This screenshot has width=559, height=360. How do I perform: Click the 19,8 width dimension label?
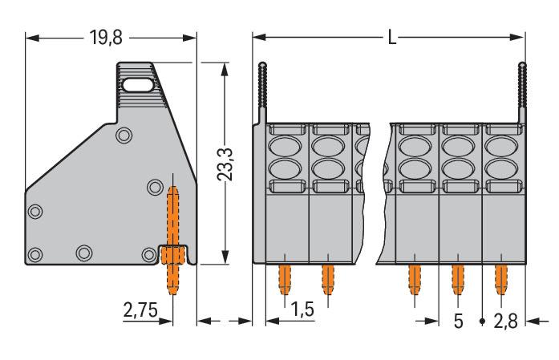point(106,38)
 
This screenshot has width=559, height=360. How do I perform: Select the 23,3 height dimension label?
point(225,164)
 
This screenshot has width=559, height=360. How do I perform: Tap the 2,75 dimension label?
point(140,309)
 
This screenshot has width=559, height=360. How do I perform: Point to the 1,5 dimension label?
point(302,309)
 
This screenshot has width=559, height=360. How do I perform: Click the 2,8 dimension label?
point(505,322)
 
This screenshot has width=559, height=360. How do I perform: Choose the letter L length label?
point(392,37)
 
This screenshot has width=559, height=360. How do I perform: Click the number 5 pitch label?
point(459,322)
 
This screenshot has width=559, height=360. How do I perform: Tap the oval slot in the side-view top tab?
point(137,86)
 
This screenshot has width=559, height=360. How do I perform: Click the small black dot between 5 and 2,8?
point(482,322)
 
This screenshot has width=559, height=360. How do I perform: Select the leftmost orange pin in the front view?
point(285,280)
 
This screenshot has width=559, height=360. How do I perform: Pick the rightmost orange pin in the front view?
point(501,280)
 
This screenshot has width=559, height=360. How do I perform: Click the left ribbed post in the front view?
point(262,93)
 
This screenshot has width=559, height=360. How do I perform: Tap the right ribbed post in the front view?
point(522,93)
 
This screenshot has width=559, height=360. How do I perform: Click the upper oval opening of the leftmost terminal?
point(285,146)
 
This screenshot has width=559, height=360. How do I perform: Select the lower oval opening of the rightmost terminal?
point(502,169)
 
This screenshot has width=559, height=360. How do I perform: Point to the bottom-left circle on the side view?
point(35,254)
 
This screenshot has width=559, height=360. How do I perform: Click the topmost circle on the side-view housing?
point(124,136)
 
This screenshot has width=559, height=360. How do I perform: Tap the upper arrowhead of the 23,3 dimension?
point(225,70)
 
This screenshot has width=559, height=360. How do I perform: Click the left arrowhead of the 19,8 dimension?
point(32,38)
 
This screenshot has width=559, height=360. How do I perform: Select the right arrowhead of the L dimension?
point(517,37)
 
